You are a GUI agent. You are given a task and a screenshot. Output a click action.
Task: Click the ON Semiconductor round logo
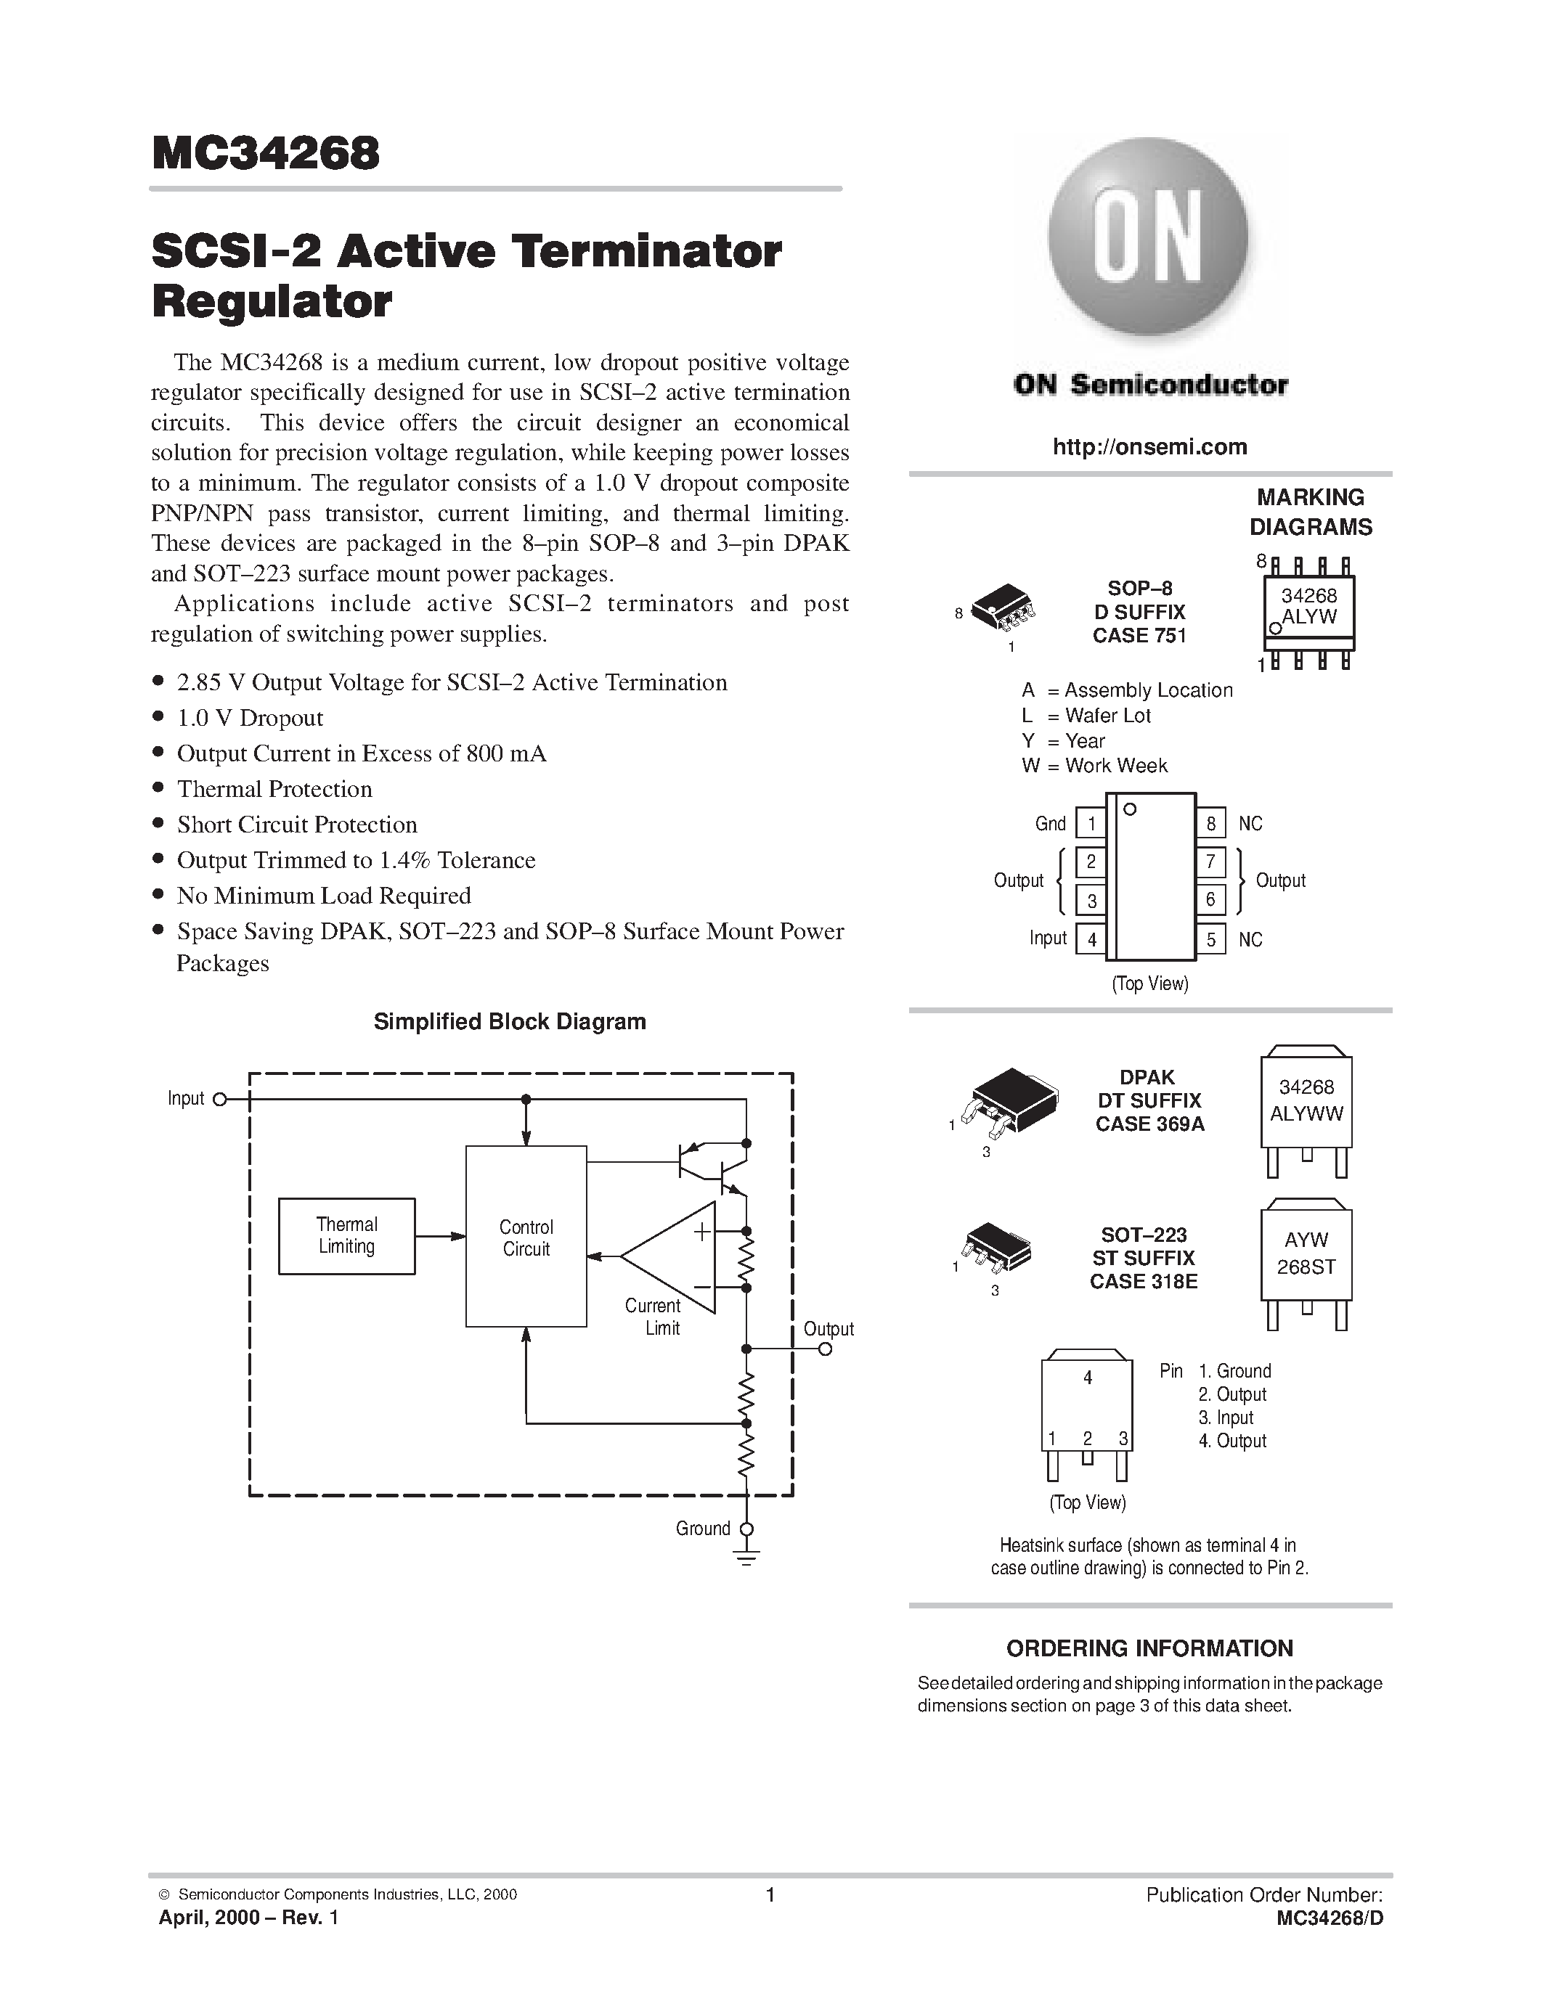coord(1148,240)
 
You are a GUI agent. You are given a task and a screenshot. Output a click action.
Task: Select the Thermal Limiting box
coord(346,1235)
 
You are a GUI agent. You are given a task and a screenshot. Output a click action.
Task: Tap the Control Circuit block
coord(526,1238)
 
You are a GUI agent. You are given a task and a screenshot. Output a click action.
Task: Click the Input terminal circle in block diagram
coord(219,1100)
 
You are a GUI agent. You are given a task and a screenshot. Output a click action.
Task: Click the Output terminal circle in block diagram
coord(826,1349)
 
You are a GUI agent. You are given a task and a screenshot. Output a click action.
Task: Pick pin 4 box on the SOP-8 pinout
coord(1091,938)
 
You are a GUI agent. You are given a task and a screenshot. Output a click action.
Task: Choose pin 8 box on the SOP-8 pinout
coord(1210,824)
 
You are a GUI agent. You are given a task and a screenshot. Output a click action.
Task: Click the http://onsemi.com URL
coord(1149,447)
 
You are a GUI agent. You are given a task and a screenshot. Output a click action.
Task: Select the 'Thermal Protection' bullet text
coord(274,789)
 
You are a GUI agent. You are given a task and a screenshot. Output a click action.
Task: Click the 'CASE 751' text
coord(1139,636)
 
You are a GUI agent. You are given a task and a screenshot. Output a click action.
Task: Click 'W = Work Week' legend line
coord(1094,766)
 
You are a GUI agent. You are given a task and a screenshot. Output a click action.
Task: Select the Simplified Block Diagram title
coord(509,1022)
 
